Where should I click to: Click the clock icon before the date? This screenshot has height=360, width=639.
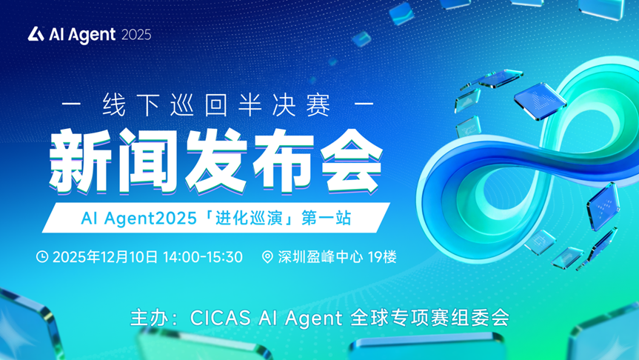pyautogui.click(x=43, y=257)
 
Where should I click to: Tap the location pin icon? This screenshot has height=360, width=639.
pyautogui.click(x=268, y=257)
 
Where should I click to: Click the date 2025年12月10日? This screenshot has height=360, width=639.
pyautogui.click(x=106, y=257)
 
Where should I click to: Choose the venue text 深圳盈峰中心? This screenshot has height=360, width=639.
pyautogui.click(x=321, y=257)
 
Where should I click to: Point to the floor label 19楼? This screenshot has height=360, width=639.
pyautogui.click(x=382, y=257)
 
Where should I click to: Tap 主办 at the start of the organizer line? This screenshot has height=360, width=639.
pyautogui.click(x=145, y=319)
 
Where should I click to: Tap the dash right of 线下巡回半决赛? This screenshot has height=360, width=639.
pyautogui.click(x=364, y=104)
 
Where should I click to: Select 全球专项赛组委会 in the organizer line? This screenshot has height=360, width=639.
pyautogui.click(x=427, y=319)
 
